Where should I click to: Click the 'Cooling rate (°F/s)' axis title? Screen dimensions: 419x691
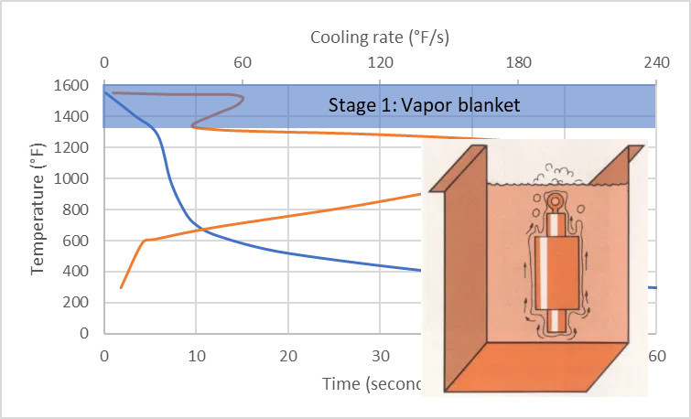[x=380, y=38]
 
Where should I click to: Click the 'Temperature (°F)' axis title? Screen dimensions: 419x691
[x=38, y=209]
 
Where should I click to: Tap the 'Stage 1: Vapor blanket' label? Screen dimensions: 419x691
[x=425, y=105]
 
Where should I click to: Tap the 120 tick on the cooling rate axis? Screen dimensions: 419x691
[x=380, y=63]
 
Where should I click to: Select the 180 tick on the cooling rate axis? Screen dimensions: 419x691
[x=518, y=63]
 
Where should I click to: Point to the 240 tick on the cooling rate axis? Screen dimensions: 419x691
[x=655, y=63]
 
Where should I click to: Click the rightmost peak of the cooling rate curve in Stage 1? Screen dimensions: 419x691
[x=243, y=99]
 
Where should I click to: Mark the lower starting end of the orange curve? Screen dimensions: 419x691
[x=121, y=288]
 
